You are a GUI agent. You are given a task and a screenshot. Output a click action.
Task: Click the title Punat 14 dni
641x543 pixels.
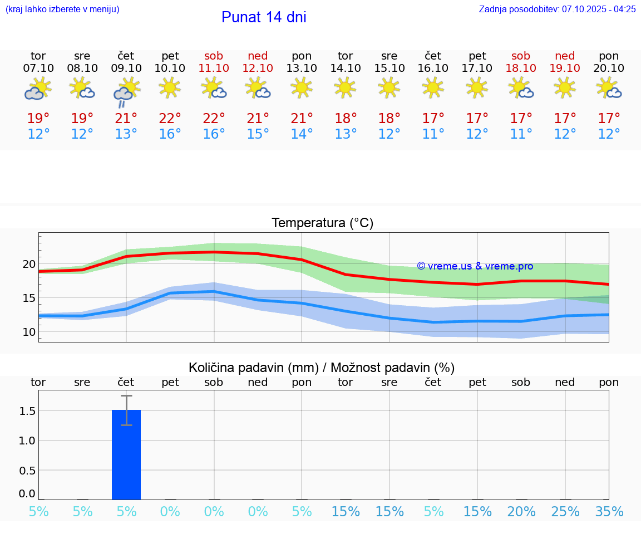264,17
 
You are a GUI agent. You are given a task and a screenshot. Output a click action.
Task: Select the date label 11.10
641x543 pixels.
214,68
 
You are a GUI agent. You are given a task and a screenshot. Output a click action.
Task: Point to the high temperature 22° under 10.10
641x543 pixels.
170,118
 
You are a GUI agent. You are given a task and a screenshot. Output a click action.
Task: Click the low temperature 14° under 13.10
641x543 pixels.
302,134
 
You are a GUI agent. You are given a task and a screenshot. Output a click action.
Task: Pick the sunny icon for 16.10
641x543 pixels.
433,87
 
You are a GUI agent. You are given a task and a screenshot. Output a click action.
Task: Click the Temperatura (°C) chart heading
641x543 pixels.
322,223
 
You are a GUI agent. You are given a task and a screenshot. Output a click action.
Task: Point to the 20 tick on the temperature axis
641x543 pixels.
29,264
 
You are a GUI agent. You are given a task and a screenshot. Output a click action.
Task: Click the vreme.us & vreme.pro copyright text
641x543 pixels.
475,266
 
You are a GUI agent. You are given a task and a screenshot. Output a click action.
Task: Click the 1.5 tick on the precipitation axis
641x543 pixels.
27,411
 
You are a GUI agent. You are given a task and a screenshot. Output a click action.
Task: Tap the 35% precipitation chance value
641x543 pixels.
609,512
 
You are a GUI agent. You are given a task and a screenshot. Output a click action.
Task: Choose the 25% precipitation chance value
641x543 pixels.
565,512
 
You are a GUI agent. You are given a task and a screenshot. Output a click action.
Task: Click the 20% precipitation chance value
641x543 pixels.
521,512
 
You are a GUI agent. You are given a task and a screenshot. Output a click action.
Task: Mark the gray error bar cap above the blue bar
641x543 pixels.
126,396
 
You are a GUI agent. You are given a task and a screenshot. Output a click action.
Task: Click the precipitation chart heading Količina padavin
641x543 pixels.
322,368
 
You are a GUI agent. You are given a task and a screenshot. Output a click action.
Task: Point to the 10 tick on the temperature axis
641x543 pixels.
29,332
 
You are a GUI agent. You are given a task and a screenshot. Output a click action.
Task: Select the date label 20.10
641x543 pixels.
609,68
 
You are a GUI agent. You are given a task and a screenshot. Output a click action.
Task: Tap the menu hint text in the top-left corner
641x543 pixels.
62,9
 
